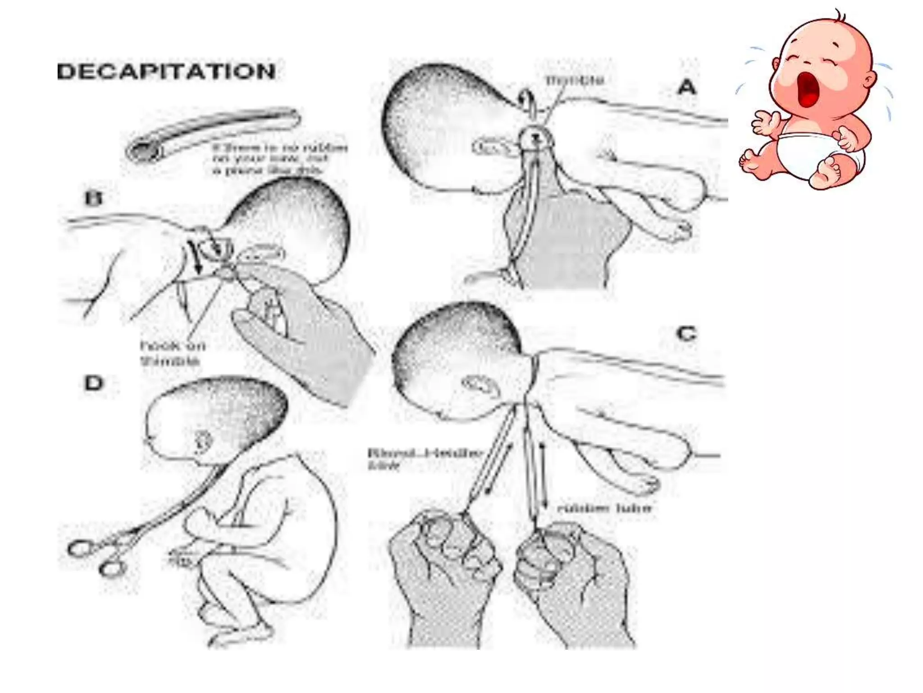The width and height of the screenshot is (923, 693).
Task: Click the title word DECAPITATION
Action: pos(166,72)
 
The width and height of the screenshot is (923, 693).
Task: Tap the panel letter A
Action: pos(686,87)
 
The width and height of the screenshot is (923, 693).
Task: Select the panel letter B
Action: pos(93,199)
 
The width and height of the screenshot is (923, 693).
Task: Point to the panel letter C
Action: pos(686,334)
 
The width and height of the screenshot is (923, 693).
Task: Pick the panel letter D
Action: pos(94,383)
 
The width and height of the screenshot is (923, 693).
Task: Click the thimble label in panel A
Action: pos(575,80)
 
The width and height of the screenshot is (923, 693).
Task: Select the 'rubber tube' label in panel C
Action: pos(604,508)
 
